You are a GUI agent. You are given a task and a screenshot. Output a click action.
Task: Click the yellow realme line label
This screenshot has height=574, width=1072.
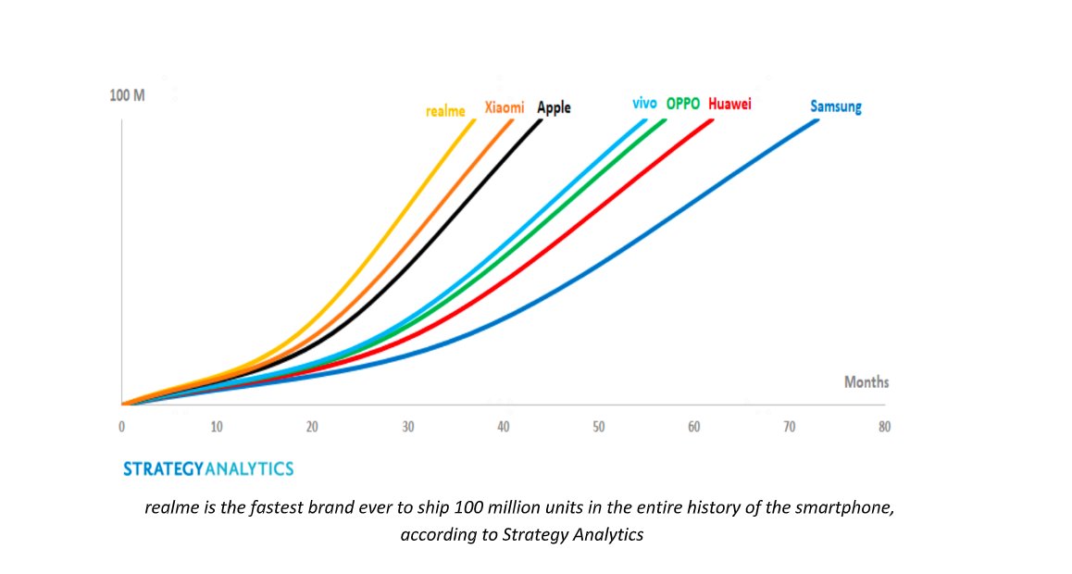[445, 111]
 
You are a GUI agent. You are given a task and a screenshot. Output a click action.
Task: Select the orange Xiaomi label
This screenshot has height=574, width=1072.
[505, 107]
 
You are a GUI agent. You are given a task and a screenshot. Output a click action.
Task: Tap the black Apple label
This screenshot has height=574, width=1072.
[554, 107]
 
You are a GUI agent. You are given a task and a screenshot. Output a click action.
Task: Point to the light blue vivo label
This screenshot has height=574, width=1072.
[644, 103]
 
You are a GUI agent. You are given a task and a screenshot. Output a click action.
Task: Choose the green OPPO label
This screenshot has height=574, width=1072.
[683, 104]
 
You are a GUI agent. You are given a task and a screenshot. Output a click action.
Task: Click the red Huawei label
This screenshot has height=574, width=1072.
[729, 104]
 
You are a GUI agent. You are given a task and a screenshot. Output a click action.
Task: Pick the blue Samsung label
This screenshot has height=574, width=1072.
[836, 106]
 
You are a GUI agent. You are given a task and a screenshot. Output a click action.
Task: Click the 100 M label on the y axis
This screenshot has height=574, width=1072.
[127, 95]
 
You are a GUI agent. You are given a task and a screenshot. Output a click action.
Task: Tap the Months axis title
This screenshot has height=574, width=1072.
[866, 381]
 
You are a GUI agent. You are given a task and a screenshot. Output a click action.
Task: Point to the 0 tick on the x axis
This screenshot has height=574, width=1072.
[121, 427]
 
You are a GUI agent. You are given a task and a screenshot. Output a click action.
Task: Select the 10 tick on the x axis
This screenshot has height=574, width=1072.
[217, 427]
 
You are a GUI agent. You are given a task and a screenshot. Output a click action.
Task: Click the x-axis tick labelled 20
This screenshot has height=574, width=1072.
[312, 427]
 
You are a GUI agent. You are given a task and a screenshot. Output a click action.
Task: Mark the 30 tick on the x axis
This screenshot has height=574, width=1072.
[407, 427]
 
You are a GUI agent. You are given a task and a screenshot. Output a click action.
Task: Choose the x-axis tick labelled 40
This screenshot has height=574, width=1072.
[504, 427]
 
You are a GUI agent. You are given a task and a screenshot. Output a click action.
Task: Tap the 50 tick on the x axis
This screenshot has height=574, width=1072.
[599, 427]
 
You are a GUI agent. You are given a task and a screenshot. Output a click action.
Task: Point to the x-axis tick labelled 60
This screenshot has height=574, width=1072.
[694, 427]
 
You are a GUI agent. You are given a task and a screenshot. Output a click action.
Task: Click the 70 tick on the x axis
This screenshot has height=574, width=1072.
[790, 427]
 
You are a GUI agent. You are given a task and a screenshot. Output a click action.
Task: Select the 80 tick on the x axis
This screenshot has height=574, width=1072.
[885, 427]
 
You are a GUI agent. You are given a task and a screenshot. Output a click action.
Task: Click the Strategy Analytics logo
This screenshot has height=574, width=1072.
[208, 469]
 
